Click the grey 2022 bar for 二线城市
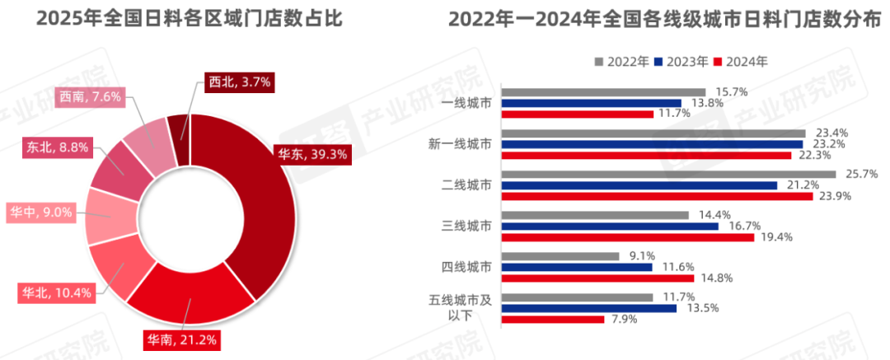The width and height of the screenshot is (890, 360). (x=668, y=174)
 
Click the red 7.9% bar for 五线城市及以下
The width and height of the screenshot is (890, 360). (x=553, y=319)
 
